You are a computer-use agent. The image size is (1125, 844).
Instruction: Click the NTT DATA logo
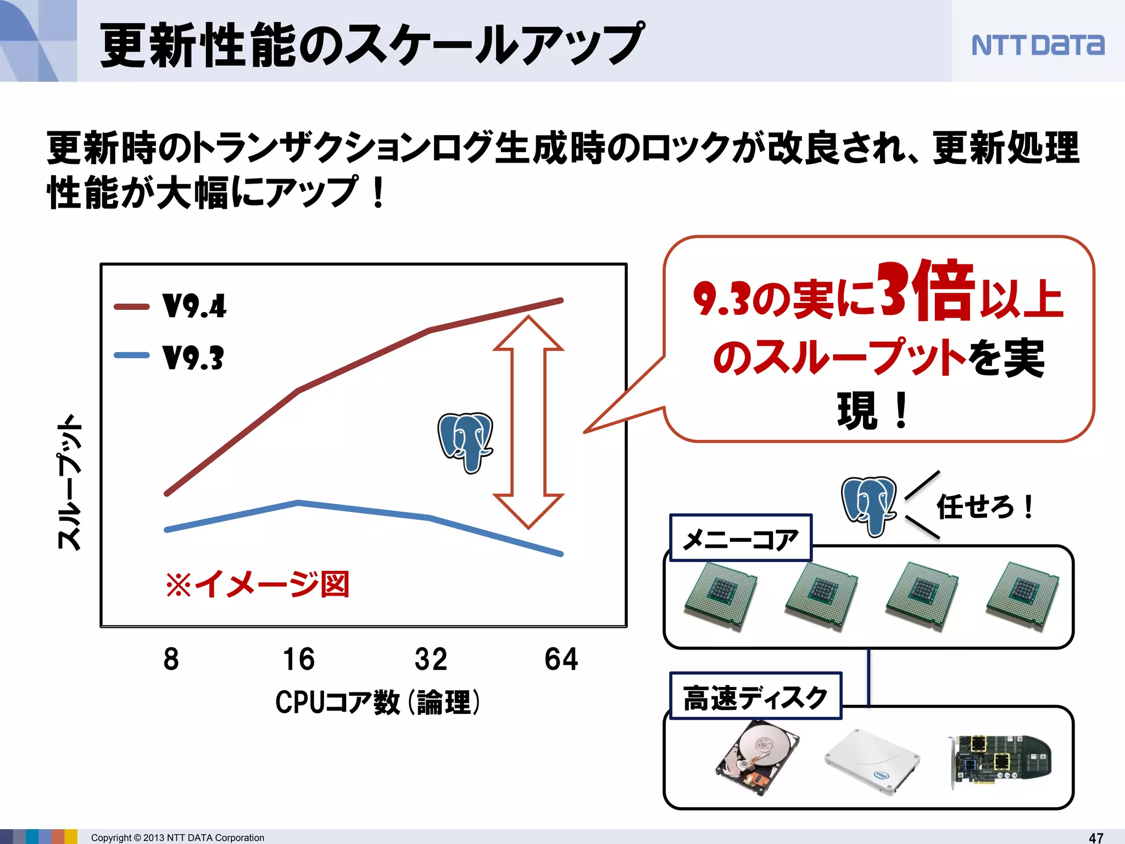pos(1038,45)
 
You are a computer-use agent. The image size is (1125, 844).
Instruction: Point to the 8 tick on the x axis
pos(171,659)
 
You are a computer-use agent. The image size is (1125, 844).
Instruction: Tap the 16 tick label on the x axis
pos(299,659)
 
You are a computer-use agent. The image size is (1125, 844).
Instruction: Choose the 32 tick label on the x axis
pos(431,659)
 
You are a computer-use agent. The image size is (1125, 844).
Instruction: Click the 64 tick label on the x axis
pos(561,659)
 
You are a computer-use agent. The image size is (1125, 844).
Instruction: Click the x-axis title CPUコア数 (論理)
pos(377,702)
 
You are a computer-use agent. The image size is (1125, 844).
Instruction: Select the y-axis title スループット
pos(70,482)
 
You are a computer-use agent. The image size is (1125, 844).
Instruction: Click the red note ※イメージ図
pos(258,584)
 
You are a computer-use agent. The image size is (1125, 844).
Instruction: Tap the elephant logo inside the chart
pos(466,442)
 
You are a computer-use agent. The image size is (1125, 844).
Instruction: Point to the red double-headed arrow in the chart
pos(528,422)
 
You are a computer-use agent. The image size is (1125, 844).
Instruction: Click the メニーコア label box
pos(740,538)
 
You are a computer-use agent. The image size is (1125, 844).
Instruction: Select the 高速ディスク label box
pos(755,697)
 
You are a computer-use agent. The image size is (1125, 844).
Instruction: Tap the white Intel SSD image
pos(872,761)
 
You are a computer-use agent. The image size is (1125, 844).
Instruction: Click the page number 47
pos(1096,837)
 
